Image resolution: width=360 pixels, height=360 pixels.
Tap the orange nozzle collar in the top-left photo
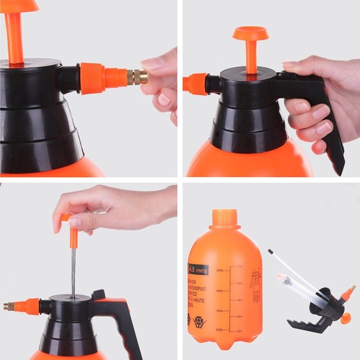(92, 78)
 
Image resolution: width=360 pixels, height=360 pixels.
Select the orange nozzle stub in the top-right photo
(194, 84)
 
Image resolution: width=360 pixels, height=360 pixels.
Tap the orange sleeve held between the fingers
(73, 235)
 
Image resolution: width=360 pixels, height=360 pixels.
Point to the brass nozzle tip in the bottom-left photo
(9, 306)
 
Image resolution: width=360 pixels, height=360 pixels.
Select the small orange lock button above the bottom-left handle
(98, 295)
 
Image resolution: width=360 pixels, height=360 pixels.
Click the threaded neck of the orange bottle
(224, 217)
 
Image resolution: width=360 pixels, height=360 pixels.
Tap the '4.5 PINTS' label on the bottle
(198, 269)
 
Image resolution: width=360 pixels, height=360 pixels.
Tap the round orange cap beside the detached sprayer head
(346, 318)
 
